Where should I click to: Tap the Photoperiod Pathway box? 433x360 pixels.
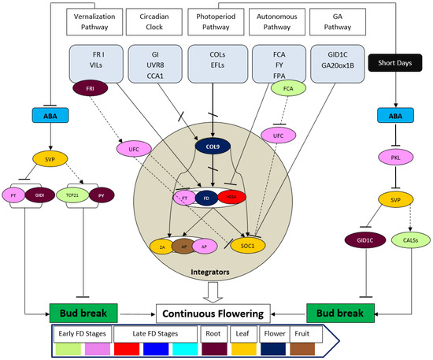click(215, 22)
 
